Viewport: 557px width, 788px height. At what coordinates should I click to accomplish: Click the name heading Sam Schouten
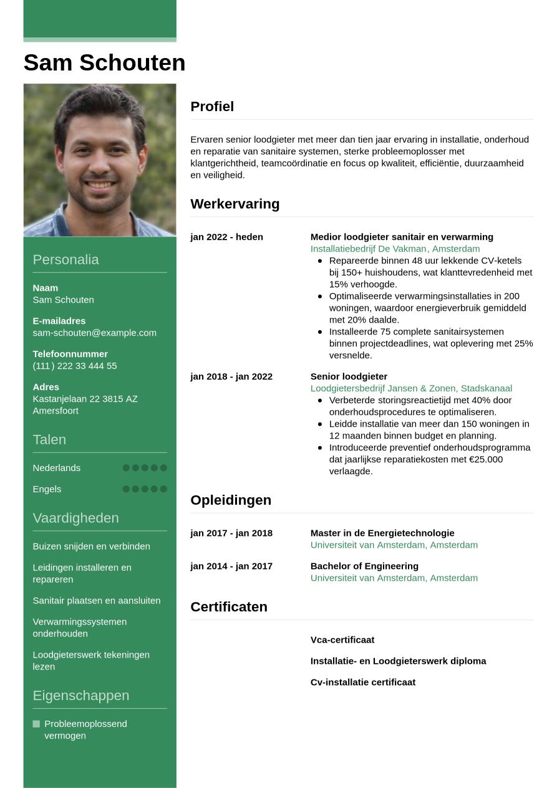(x=104, y=63)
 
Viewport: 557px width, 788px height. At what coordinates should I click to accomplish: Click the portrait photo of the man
(x=100, y=160)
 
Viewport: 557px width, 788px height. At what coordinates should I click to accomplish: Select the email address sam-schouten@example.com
(x=94, y=333)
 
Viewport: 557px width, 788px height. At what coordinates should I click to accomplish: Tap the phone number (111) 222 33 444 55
(x=74, y=366)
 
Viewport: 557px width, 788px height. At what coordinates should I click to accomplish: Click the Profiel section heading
(x=212, y=107)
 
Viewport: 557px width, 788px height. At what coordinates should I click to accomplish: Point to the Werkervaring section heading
(x=235, y=204)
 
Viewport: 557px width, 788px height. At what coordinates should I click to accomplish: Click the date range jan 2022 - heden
(x=226, y=237)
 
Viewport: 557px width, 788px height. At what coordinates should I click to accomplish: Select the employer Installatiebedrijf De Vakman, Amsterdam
(x=395, y=249)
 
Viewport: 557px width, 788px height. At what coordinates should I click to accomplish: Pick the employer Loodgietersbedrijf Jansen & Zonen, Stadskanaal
(x=411, y=389)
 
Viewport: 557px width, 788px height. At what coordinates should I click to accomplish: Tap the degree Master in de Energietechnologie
(x=382, y=533)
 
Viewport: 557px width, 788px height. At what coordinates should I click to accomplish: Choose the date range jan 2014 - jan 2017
(x=231, y=567)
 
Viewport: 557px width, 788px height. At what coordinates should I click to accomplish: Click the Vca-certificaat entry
(x=342, y=640)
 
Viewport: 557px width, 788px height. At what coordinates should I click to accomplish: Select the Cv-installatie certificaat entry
(x=363, y=683)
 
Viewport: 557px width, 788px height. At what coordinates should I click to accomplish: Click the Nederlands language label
(x=56, y=468)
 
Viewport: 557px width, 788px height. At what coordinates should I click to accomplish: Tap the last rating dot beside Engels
(x=163, y=489)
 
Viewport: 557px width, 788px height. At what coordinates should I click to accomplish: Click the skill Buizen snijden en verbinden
(x=91, y=547)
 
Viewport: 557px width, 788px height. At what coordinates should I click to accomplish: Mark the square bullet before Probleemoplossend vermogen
(x=36, y=724)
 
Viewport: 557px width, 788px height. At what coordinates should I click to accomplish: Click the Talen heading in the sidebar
(x=49, y=440)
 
